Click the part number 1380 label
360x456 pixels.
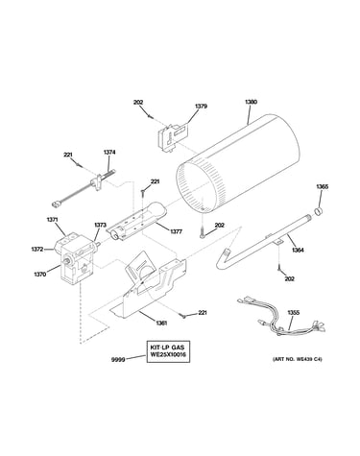pos(252,102)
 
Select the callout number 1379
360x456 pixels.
pos(201,106)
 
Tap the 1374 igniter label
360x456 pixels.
pos(109,153)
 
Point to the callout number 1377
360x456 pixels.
pos(176,231)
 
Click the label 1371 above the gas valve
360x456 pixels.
pos(52,220)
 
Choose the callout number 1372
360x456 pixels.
pos(37,250)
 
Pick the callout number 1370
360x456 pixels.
pos(40,274)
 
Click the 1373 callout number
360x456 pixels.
pos(100,225)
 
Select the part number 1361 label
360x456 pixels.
pos(160,323)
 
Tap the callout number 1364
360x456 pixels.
pos(298,251)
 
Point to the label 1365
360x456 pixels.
pos(323,186)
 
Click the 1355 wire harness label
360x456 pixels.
pos(293,313)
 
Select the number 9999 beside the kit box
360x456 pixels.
pos(117,360)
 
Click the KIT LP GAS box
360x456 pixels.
pos(168,351)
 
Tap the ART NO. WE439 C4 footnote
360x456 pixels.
pos(298,359)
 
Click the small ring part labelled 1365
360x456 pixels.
pos(319,211)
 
